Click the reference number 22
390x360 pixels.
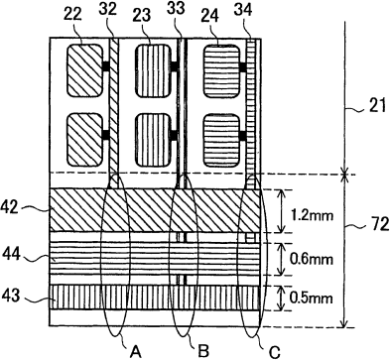click(72, 16)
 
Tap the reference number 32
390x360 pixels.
click(108, 10)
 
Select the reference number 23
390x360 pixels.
click(142, 16)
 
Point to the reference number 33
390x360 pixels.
click(176, 8)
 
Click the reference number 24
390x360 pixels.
click(210, 16)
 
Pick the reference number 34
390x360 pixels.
click(243, 10)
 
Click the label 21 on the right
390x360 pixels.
click(377, 106)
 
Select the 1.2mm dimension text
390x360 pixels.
click(312, 216)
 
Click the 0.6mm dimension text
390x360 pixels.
click(312, 260)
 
